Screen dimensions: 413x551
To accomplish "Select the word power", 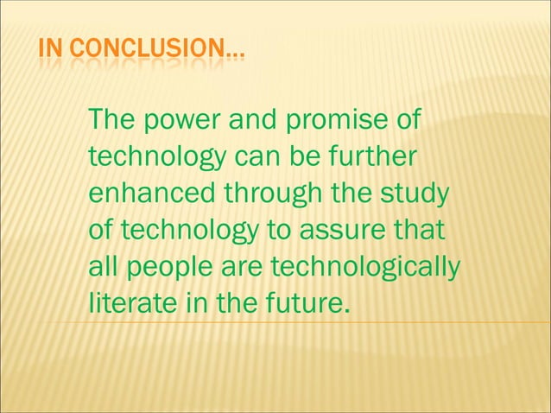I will point(175,122).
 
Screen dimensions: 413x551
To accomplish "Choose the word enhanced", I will point(153,194).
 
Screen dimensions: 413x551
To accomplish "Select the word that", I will point(418,231).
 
